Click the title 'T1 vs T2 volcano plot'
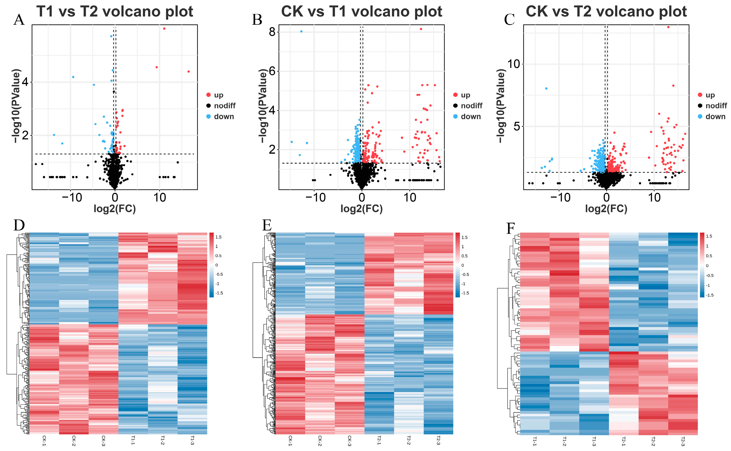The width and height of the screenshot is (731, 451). pyautogui.click(x=115, y=11)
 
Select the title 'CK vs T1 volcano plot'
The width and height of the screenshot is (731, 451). pyautogui.click(x=362, y=11)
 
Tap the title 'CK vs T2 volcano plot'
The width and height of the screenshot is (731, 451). pyautogui.click(x=606, y=11)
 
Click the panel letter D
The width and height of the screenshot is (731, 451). pyautogui.click(x=19, y=225)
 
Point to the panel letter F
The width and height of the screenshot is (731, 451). pyautogui.click(x=511, y=228)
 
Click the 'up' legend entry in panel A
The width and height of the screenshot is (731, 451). pyautogui.click(x=218, y=95)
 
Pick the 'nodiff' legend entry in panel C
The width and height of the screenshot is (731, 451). pyautogui.click(x=716, y=106)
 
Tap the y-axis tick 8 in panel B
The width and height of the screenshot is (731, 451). pyautogui.click(x=272, y=32)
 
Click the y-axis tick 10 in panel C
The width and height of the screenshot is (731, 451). pyautogui.click(x=513, y=64)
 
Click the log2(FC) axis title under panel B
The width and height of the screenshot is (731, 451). pyautogui.click(x=362, y=209)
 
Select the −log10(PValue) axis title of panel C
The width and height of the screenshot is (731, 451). pyautogui.click(x=501, y=106)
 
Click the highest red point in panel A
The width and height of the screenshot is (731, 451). pyautogui.click(x=164, y=29)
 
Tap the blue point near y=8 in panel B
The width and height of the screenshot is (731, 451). pyautogui.click(x=301, y=31)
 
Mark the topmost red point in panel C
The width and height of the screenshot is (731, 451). pyautogui.click(x=668, y=27)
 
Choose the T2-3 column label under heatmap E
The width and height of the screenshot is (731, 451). pyautogui.click(x=438, y=441)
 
